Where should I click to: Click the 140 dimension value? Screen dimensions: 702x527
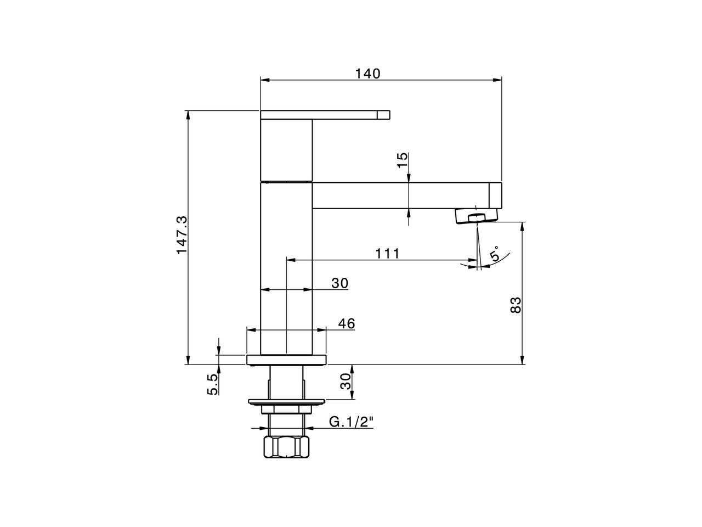[x=368, y=74]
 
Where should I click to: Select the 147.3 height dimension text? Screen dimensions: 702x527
[x=182, y=235]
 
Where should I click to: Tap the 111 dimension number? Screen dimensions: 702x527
[x=387, y=254]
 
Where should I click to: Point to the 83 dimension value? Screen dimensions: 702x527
[x=516, y=305]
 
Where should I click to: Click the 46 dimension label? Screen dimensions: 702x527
[x=347, y=323]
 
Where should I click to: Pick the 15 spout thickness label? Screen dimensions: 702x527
[x=403, y=160]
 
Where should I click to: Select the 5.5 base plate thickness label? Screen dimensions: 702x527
[x=212, y=384]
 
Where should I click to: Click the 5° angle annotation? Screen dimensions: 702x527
[x=494, y=254]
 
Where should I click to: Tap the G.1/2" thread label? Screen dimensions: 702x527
[x=351, y=422]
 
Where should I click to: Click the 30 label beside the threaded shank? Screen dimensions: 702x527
[x=346, y=382]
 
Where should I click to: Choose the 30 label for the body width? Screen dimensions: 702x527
[x=339, y=283]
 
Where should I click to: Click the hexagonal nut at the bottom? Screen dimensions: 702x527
[x=286, y=447]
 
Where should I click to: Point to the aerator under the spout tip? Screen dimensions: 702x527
[x=477, y=216]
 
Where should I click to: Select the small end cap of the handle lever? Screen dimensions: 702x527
[x=383, y=115]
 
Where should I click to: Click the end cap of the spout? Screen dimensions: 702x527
[x=495, y=195]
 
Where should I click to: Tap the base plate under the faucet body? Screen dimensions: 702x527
[x=286, y=360]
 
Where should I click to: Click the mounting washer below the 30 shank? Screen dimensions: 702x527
[x=286, y=402]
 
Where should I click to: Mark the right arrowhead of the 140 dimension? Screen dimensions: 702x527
[x=497, y=80]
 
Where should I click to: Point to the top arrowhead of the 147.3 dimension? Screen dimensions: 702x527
[x=188, y=115]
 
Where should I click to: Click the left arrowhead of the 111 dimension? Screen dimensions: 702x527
[x=291, y=260]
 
